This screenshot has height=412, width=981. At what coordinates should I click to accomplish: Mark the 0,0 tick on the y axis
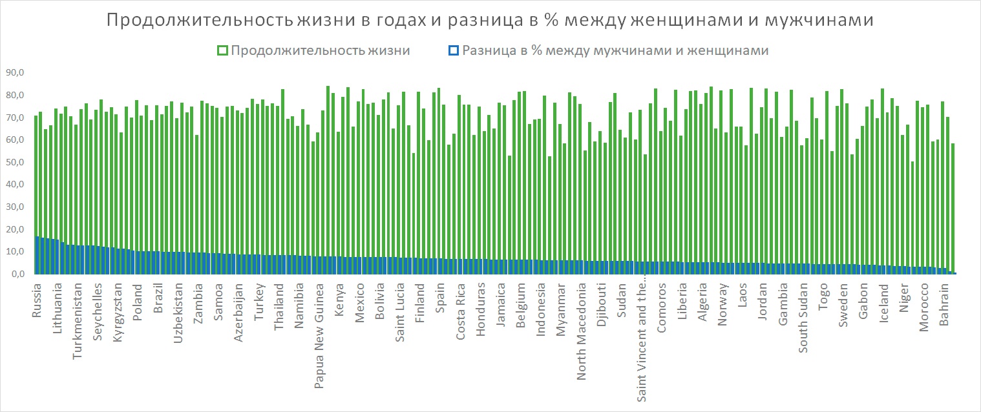click(x=16, y=274)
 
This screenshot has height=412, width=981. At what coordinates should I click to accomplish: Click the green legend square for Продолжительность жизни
click(x=222, y=50)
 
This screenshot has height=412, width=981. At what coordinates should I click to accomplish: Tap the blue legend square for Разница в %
click(x=454, y=50)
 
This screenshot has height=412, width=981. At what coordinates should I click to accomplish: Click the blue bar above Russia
click(x=37, y=255)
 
